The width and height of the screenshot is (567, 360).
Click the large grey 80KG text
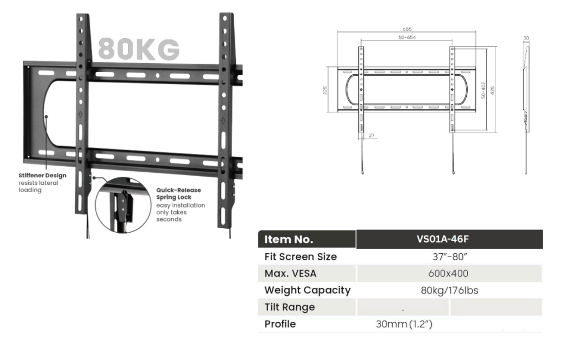[139, 49]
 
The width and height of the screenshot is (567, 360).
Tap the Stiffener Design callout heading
[42, 176]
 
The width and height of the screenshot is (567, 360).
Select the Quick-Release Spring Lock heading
[179, 193]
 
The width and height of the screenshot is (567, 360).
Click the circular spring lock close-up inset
[123, 205]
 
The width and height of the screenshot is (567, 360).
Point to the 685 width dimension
[407, 29]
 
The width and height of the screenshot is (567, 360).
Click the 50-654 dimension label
[407, 37]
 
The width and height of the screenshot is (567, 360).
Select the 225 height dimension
[324, 90]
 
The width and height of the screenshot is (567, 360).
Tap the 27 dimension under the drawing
[372, 135]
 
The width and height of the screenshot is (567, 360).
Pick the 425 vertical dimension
[492, 90]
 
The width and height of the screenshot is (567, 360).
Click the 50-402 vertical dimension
[483, 90]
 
